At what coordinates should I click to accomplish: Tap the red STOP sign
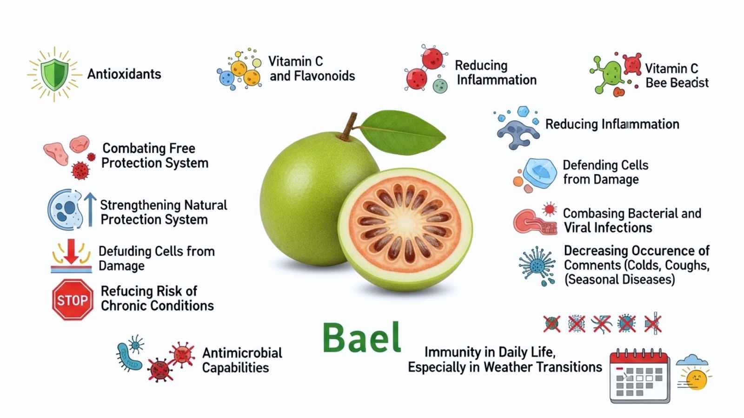(x=73, y=300)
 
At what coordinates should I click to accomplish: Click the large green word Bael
(x=362, y=337)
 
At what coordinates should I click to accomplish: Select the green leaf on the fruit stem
(x=403, y=132)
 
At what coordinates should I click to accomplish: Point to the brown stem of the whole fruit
(x=349, y=126)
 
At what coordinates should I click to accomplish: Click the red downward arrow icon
(x=71, y=251)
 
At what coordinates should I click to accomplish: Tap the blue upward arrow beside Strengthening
(x=90, y=209)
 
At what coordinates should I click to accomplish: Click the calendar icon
(x=639, y=376)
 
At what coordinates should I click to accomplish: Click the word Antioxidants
(x=124, y=74)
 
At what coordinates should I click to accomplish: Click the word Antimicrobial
(x=242, y=353)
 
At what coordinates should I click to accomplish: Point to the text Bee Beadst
(x=677, y=83)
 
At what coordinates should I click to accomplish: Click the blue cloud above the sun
(x=692, y=360)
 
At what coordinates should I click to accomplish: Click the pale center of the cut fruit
(x=405, y=222)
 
